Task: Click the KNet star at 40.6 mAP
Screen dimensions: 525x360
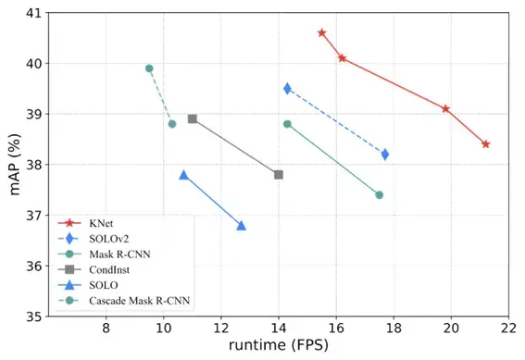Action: (x=322, y=32)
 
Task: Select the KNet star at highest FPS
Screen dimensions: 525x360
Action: (x=485, y=144)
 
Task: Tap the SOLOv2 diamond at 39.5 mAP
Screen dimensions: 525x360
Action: (x=287, y=89)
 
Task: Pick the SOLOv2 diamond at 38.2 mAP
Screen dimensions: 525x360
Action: (x=385, y=155)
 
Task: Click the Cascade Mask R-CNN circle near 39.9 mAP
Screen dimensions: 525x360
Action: (x=149, y=68)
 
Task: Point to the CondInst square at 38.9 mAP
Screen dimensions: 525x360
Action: (x=193, y=118)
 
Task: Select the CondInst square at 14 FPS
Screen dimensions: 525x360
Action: (x=279, y=175)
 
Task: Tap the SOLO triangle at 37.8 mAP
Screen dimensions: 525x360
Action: (x=183, y=175)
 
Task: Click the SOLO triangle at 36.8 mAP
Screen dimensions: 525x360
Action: (x=241, y=226)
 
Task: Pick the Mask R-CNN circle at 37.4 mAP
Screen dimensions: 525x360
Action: (x=380, y=195)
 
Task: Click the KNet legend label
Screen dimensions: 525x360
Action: (x=101, y=223)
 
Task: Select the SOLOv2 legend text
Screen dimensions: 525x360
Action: (x=109, y=239)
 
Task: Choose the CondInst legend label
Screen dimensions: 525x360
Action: (x=109, y=269)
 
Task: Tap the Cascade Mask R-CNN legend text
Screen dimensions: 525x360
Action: (x=139, y=301)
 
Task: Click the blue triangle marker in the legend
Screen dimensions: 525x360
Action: (x=69, y=285)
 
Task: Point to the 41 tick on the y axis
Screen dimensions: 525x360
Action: (x=32, y=13)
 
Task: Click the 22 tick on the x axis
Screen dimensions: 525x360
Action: (x=508, y=329)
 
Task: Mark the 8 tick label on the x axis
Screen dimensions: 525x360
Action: (x=106, y=329)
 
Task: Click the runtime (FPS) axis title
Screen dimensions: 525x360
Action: (x=279, y=345)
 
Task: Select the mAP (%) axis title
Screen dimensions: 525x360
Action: (x=15, y=165)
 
